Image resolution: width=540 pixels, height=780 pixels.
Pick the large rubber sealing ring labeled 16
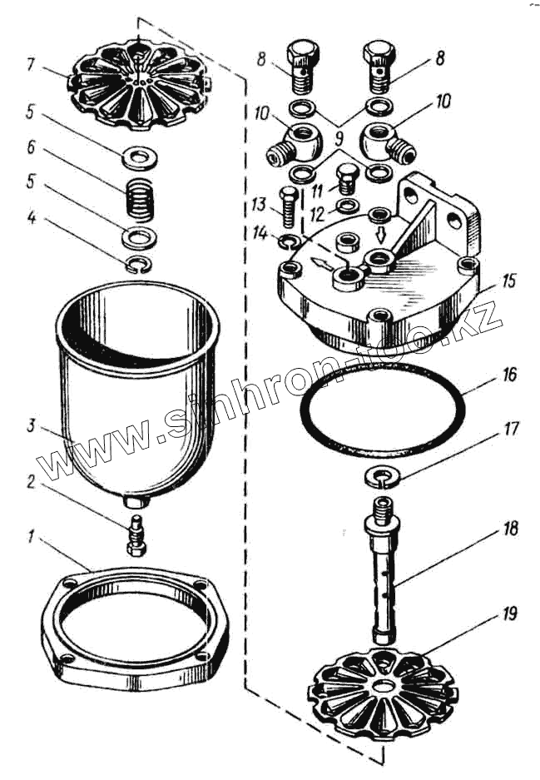[x=381, y=408]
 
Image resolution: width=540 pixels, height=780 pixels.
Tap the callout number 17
[x=509, y=430]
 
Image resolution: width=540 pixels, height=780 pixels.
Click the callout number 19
[x=509, y=614]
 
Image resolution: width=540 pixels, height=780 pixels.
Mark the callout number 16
[x=509, y=376]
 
